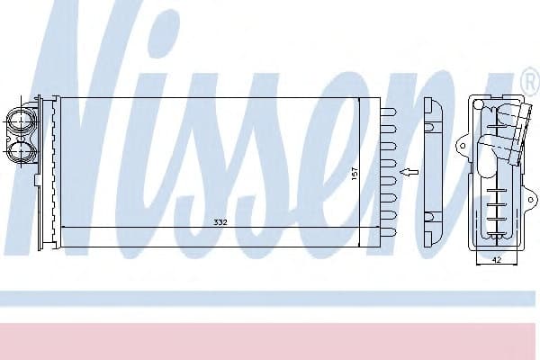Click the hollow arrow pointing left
click(409, 171)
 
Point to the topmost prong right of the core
click(390, 112)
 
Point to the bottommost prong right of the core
click(390, 232)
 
